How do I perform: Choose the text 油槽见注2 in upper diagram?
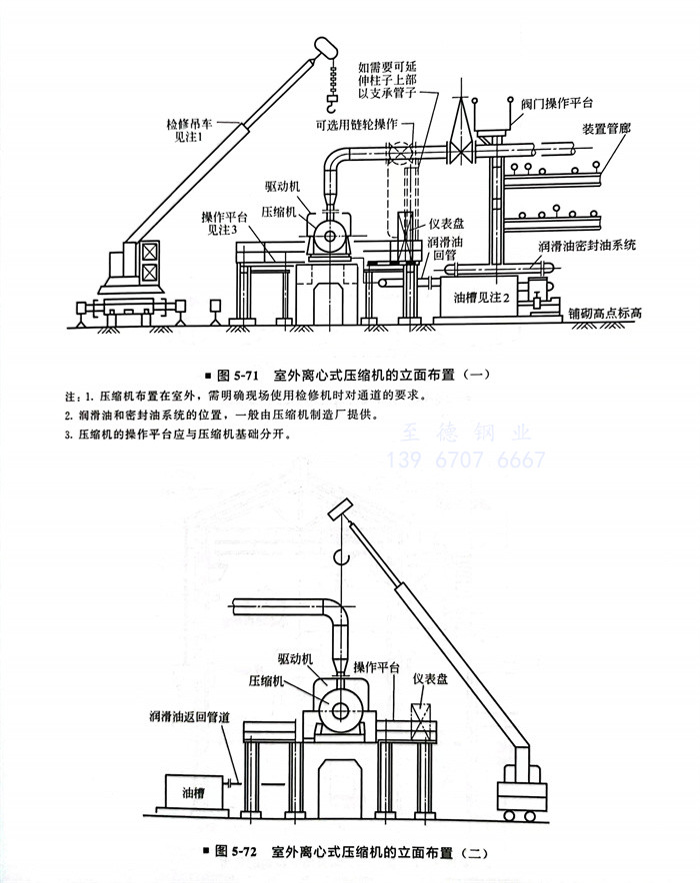coord(482,297)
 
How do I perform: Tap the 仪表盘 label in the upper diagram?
coord(444,226)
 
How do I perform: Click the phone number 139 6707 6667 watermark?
coord(466,459)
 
